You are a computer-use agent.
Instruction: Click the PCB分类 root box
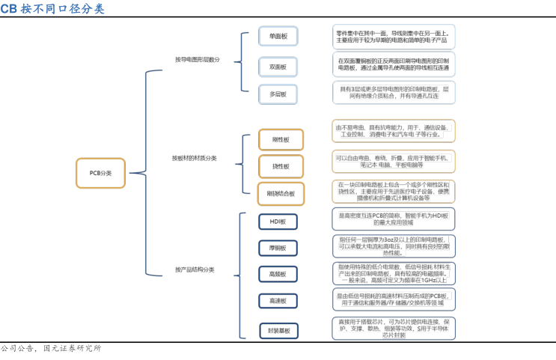[x=100, y=173]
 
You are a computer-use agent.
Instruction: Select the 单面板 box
[x=278, y=37]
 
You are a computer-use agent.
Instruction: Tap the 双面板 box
[x=278, y=67]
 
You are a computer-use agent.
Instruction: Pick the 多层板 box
[x=278, y=94]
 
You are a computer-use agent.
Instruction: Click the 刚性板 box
[x=281, y=140]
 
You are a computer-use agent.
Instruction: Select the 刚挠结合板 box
[x=281, y=193]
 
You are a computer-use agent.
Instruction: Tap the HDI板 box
[x=278, y=222]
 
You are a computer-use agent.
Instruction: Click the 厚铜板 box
[x=278, y=248]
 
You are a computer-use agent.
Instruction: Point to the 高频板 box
[x=278, y=275]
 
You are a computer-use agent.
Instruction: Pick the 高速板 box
[x=278, y=301]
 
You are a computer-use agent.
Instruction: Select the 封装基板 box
[x=278, y=330]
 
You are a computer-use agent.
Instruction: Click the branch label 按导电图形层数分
[x=198, y=60]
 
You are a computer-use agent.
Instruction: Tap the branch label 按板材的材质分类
[x=194, y=158]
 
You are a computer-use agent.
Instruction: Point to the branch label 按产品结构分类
[x=194, y=269]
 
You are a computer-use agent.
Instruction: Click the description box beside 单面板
[x=392, y=37]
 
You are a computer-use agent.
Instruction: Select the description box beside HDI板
[x=392, y=219]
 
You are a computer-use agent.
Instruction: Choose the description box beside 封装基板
[x=392, y=329]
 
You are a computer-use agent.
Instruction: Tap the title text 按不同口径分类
[x=63, y=9]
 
